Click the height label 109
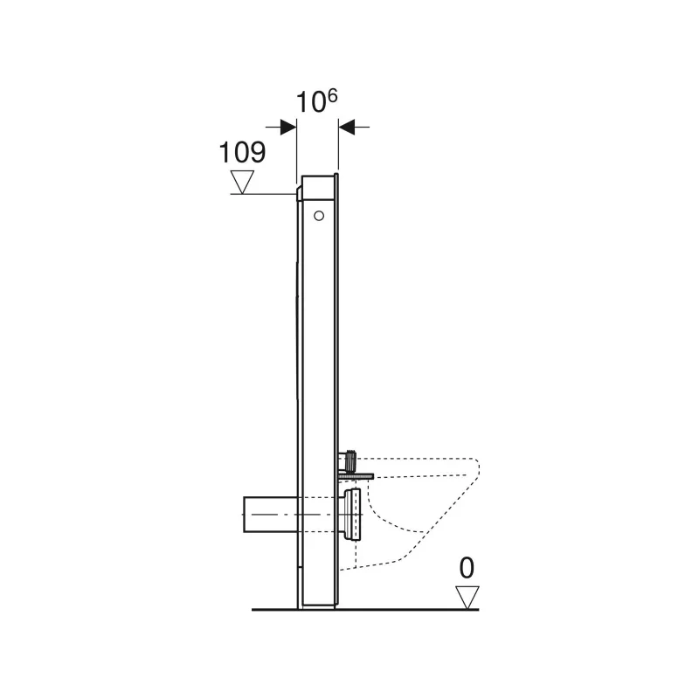click(242, 152)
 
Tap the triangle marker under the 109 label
click(242, 182)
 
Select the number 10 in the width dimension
click(310, 102)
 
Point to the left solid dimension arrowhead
click(288, 127)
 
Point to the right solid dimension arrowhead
click(346, 127)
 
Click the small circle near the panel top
click(319, 216)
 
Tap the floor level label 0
click(467, 569)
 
